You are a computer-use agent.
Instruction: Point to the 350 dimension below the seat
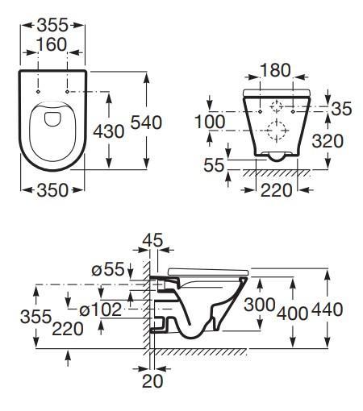point(52,190)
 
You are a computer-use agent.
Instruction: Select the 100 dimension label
point(211,122)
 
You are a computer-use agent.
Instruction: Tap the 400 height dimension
point(292,313)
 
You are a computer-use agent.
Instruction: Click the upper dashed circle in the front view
point(276,106)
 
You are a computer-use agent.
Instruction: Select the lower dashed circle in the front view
point(276,129)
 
